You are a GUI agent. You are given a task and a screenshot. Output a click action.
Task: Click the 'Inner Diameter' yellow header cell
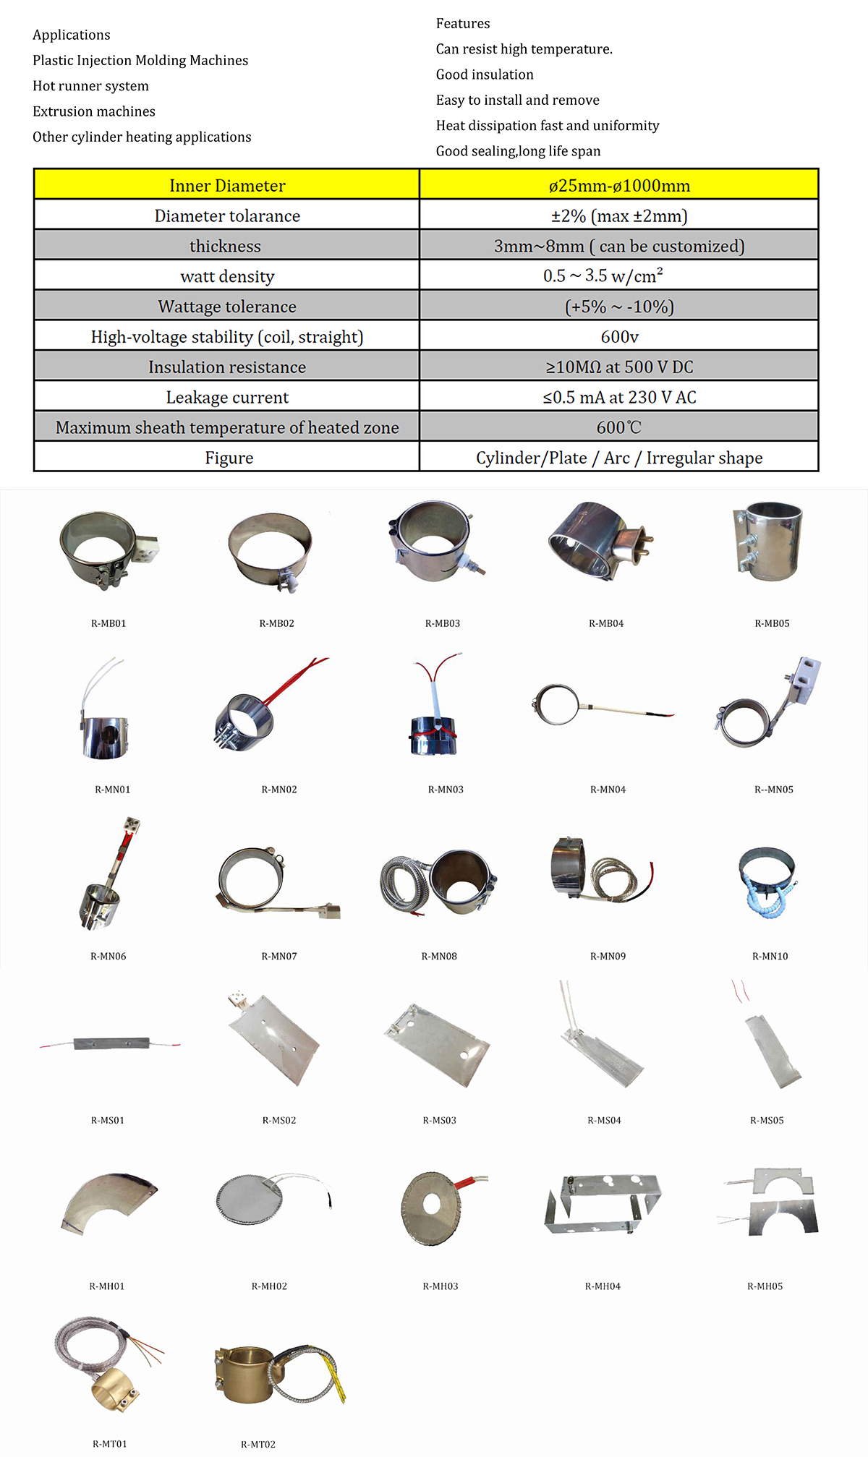click(x=227, y=185)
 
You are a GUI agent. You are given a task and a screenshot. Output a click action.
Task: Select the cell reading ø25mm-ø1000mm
click(x=619, y=185)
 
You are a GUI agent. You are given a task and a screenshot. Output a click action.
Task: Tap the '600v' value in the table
click(x=619, y=337)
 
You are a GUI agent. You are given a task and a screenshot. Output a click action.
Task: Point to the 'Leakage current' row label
click(x=227, y=397)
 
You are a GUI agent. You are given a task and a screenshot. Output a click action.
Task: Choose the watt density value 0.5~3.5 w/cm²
click(x=603, y=276)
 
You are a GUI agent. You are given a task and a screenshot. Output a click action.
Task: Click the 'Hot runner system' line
click(x=90, y=86)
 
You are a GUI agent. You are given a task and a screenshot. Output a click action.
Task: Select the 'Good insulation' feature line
click(x=485, y=74)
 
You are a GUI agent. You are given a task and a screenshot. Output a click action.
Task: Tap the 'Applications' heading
click(x=71, y=35)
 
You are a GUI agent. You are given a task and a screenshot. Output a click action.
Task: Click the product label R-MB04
click(x=605, y=623)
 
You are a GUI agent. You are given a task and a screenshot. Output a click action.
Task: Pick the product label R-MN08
click(x=439, y=956)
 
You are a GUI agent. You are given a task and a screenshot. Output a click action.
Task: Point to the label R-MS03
click(x=439, y=1120)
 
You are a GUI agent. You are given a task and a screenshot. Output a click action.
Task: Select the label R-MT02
click(x=258, y=1444)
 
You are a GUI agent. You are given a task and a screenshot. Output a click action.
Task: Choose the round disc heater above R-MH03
click(x=432, y=1208)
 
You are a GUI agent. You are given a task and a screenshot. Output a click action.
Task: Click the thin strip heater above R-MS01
click(x=111, y=1043)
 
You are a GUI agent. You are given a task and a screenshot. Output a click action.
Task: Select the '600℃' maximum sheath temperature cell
click(x=619, y=427)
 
